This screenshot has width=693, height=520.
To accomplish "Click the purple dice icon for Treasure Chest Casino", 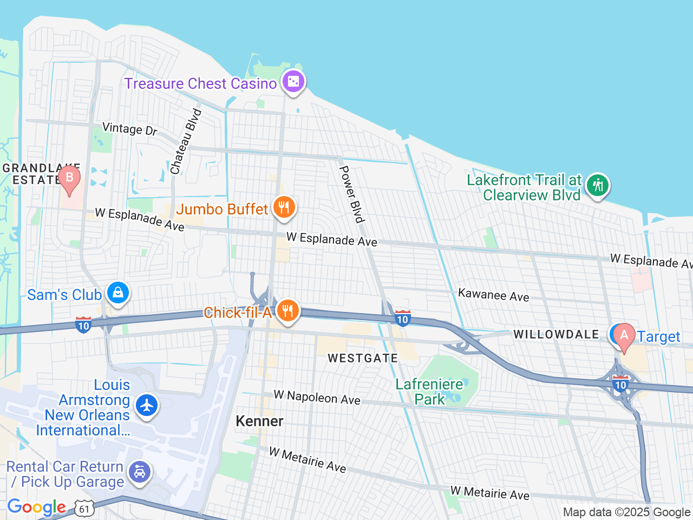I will [293, 82].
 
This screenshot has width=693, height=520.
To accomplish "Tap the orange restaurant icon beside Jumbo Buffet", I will [284, 207].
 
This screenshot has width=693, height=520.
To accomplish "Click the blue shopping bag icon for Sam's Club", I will [117, 293].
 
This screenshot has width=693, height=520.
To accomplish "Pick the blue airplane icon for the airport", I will [146, 405].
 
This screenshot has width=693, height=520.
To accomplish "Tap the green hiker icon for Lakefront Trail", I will [597, 185].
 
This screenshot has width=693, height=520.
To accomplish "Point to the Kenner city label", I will [259, 421].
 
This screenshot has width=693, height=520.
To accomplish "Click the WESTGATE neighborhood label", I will [363, 358].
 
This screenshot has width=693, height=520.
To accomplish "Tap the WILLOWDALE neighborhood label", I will [556, 334].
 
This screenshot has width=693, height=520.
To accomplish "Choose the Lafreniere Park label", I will [429, 392].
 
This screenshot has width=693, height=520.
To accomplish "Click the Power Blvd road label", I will [351, 194].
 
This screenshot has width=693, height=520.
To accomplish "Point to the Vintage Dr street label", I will [130, 129].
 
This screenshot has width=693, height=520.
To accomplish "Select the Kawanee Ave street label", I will [493, 295].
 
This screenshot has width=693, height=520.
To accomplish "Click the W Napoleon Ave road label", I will [317, 397].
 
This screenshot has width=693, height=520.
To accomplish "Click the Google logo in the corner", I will [36, 508].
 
